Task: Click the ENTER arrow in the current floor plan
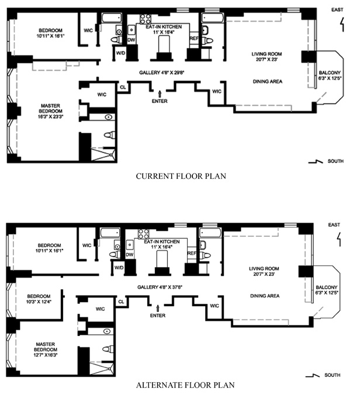click(160, 94)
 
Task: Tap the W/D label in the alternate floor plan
click(119, 268)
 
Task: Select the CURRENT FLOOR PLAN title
click(181, 176)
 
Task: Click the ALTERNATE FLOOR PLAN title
click(185, 385)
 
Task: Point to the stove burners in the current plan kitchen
click(146, 19)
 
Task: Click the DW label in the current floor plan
click(131, 40)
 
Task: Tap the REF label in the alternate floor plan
click(192, 253)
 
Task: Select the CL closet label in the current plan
click(123, 87)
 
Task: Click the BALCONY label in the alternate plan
click(326, 287)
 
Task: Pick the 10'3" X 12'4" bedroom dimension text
click(39, 302)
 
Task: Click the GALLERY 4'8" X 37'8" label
click(160, 287)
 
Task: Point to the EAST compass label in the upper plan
click(337, 10)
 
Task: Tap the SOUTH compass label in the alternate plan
click(333, 375)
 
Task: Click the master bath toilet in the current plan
click(110, 135)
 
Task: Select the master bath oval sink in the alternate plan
click(107, 331)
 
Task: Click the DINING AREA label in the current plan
click(268, 82)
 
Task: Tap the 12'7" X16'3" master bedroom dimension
click(46, 355)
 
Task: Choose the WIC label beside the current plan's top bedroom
click(88, 30)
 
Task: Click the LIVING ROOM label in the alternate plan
click(264, 269)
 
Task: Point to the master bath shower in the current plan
click(103, 154)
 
